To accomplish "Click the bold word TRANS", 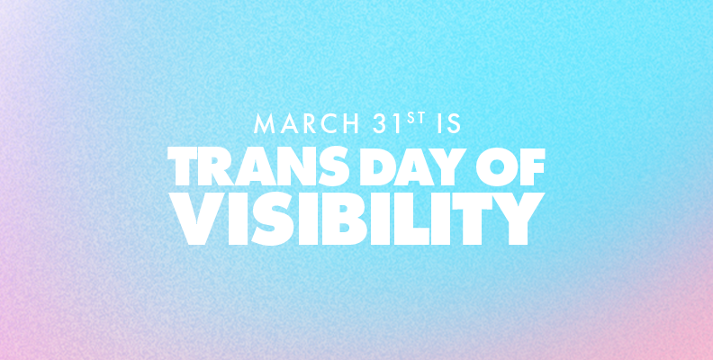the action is pyautogui.click(x=258, y=166).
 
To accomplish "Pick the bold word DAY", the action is pyautogui.click(x=412, y=166).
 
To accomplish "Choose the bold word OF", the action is pyautogui.click(x=510, y=166).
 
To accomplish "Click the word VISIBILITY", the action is pyautogui.click(x=356, y=219).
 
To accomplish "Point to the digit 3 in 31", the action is pyautogui.click(x=380, y=123).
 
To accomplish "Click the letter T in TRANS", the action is pyautogui.click(x=183, y=166).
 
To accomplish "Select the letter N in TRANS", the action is pyautogui.click(x=294, y=166).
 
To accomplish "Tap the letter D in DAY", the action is pyautogui.click(x=375, y=166).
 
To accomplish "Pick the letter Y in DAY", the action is pyautogui.click(x=448, y=166).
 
